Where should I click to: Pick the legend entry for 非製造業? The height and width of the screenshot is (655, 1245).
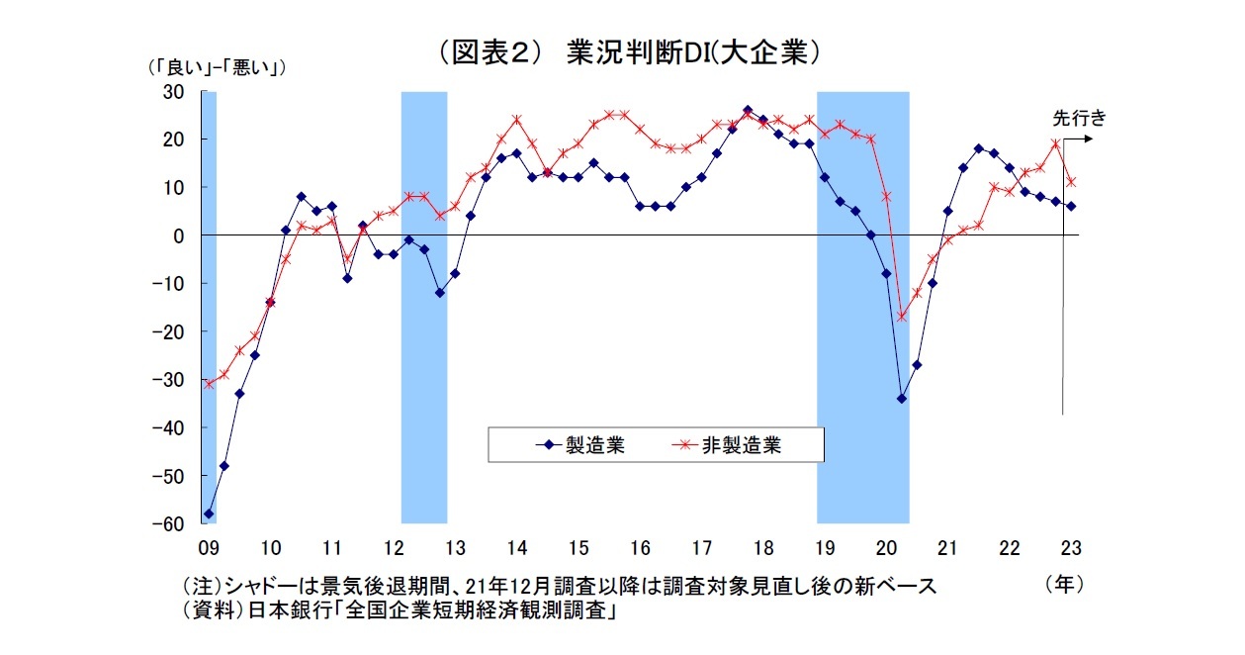pyautogui.click(x=741, y=445)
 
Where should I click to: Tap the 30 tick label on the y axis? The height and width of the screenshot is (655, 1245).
pyautogui.click(x=174, y=92)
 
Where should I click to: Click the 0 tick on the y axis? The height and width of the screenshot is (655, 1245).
pyautogui.click(x=179, y=235)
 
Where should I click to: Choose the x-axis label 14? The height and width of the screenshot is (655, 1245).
pyautogui.click(x=517, y=547)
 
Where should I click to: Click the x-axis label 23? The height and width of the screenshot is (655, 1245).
pyautogui.click(x=1070, y=547)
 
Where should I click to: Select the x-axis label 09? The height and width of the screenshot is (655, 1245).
pyautogui.click(x=209, y=547)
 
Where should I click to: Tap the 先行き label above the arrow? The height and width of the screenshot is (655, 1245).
pyautogui.click(x=1077, y=118)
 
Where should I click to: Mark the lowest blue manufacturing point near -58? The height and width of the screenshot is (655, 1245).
pyautogui.click(x=209, y=514)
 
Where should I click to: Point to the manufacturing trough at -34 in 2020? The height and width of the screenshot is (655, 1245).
pyautogui.click(x=901, y=399)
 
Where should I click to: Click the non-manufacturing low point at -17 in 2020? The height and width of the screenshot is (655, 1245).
pyautogui.click(x=901, y=317)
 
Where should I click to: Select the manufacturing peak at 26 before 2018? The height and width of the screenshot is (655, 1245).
pyautogui.click(x=747, y=111)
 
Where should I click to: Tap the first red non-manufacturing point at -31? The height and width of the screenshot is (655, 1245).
pyautogui.click(x=209, y=384)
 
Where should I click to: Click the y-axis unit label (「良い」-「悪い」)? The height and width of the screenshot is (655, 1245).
pyautogui.click(x=216, y=67)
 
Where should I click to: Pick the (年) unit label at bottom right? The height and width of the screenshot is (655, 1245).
pyautogui.click(x=1064, y=585)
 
